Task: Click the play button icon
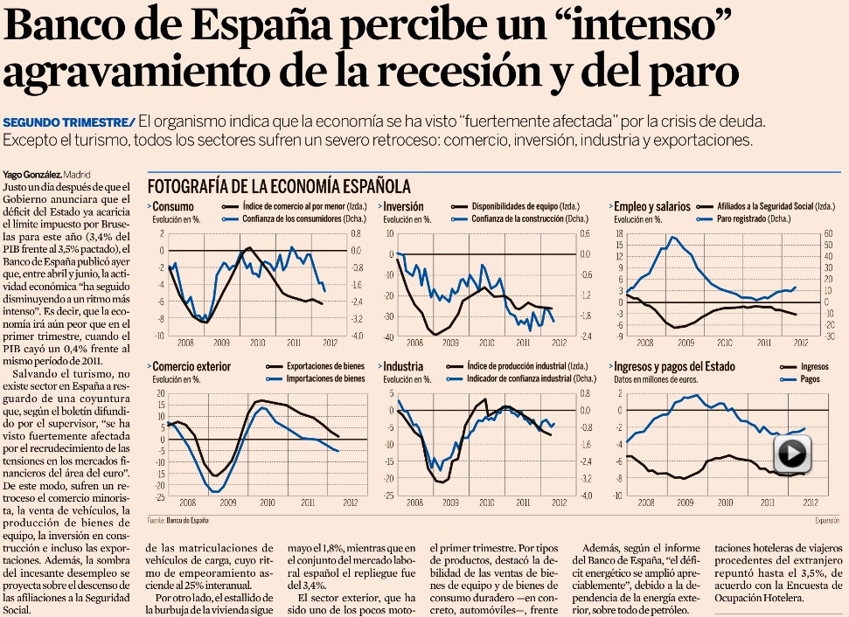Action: [792, 454]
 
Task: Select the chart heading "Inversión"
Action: [404, 207]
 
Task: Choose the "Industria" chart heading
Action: [403, 366]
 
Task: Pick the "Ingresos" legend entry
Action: [815, 366]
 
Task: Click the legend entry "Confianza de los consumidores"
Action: [281, 218]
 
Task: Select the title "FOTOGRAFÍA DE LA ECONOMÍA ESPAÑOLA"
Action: [278, 186]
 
